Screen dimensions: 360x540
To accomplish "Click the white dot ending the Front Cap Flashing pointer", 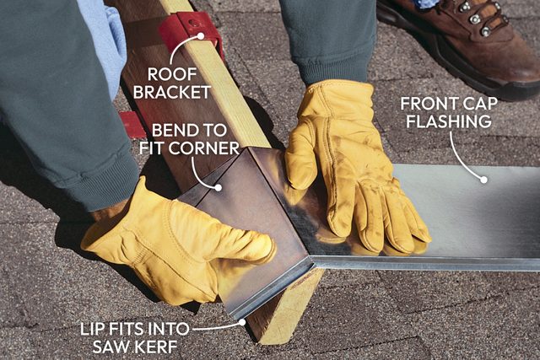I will coord(483,178).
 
